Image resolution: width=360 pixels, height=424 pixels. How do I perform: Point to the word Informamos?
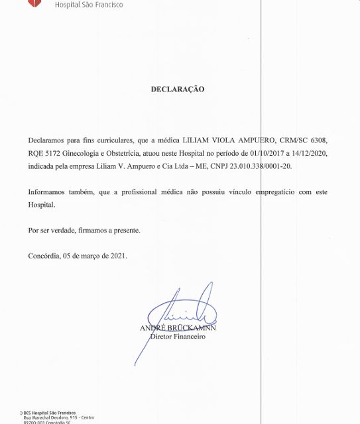(x=49, y=191)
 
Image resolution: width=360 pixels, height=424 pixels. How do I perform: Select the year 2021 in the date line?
(x=117, y=255)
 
